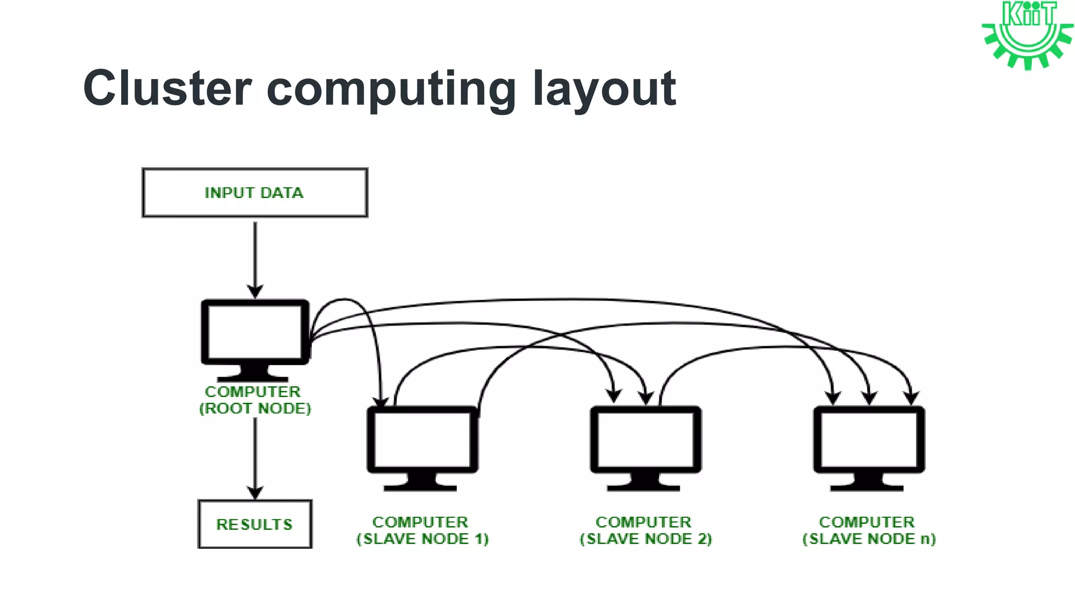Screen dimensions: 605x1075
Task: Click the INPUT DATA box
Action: tap(255, 193)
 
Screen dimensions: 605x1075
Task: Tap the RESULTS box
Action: tap(255, 524)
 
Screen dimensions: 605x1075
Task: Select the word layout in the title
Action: tap(604, 89)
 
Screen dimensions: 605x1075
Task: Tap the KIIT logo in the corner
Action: tap(1027, 35)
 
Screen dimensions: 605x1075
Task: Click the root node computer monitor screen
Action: tap(255, 332)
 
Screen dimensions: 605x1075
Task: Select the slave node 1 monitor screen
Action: tap(422, 440)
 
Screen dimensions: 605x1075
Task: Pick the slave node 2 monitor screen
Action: tap(646, 440)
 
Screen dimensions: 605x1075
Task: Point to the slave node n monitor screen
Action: tap(869, 440)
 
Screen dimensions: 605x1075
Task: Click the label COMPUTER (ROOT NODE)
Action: tap(255, 400)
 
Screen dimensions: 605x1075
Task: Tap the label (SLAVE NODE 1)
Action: tap(422, 539)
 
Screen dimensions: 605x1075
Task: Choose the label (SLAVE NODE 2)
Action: tap(646, 539)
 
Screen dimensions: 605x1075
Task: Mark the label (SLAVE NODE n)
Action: tap(869, 539)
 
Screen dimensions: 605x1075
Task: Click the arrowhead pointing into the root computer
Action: tap(255, 292)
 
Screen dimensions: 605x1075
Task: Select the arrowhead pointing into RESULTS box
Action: tap(255, 493)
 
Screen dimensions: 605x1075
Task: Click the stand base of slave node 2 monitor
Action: tap(644, 487)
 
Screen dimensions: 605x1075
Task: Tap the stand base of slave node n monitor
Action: tap(867, 487)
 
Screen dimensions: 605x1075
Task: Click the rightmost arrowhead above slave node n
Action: tap(912, 398)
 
